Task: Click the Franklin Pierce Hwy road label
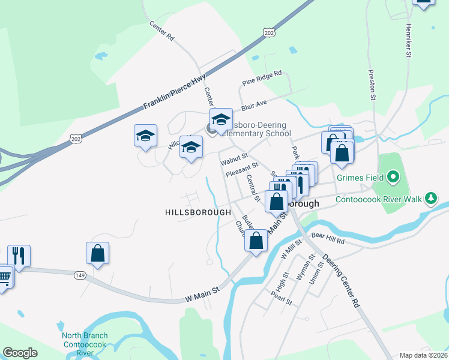[x=175, y=95]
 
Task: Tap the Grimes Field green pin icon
[x=393, y=176]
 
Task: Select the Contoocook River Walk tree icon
[x=430, y=198]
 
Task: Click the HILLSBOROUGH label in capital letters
[x=198, y=212]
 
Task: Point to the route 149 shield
[x=79, y=275]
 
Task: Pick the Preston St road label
[x=372, y=84]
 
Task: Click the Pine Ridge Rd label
[x=262, y=77]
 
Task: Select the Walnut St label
[x=234, y=160]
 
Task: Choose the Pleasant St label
[x=242, y=169]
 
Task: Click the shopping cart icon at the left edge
[x=4, y=277]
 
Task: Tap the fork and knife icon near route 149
[x=19, y=256]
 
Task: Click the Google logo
[x=20, y=353]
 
